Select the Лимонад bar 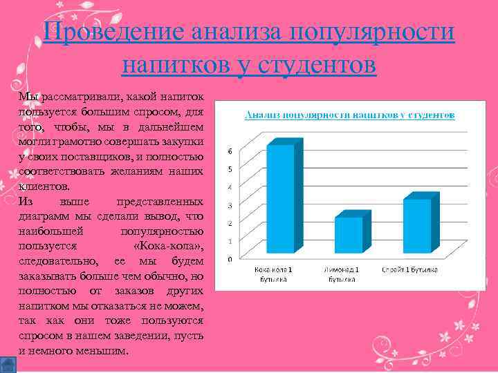pos(348,235)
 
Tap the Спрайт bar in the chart pos(417,225)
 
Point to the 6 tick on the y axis pos(230,151)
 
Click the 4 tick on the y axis pos(230,187)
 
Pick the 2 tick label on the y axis pos(230,223)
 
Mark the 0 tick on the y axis pos(230,259)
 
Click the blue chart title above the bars pos(349,115)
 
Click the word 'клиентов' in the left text pos(43,186)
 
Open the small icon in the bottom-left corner pos(8,364)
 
